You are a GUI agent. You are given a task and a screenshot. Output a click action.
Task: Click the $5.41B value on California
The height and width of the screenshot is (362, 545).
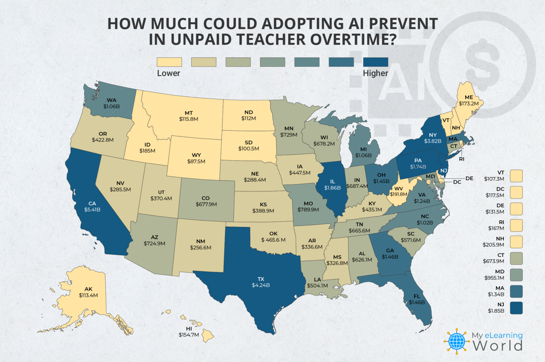92,210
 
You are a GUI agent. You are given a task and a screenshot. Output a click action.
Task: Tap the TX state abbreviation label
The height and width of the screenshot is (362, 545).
261,279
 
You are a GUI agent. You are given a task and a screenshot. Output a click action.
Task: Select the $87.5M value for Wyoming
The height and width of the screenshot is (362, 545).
196,161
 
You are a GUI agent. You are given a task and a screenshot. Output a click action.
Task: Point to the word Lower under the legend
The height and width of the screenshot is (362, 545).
169,73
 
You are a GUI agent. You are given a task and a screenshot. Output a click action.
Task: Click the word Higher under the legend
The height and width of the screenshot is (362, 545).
375,73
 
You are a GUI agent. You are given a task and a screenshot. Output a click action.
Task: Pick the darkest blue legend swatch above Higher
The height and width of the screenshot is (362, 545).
376,62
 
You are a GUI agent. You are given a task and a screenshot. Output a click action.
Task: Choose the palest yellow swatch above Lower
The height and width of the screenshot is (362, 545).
169,62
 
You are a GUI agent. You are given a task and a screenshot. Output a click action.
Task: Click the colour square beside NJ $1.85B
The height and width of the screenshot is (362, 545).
516,308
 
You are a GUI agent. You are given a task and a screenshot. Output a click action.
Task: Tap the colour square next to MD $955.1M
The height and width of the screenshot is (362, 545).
516,275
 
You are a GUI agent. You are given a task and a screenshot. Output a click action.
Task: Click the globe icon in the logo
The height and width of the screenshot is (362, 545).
457,341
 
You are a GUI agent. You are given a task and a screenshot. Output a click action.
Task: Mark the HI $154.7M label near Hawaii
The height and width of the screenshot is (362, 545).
189,332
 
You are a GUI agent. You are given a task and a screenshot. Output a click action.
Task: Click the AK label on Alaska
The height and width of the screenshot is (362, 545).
88,289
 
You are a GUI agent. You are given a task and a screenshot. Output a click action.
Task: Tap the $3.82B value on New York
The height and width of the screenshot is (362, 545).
433,141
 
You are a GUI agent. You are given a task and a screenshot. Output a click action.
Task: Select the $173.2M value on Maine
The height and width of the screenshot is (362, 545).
469,104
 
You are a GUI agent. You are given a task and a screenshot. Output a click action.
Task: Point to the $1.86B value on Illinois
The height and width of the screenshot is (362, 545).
332,188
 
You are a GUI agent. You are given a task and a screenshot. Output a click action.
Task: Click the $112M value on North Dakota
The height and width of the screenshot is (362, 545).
248,118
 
